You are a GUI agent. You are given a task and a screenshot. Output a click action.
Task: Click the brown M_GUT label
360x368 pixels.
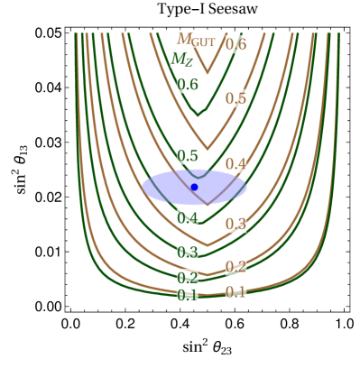(x=195, y=40)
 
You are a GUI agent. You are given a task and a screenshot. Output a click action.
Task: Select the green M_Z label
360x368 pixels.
(x=181, y=60)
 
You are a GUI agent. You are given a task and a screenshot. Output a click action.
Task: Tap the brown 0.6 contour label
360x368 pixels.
(x=235, y=43)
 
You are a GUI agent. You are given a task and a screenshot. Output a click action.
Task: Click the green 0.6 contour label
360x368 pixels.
(x=187, y=85)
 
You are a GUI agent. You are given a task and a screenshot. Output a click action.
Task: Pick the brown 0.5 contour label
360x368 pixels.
(x=235, y=98)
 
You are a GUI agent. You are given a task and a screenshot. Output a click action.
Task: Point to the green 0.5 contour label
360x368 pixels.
(x=187, y=156)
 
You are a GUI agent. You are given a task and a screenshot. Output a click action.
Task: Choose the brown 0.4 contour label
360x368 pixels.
(x=235, y=164)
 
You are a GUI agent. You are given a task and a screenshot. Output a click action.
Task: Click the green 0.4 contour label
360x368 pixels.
(x=187, y=217)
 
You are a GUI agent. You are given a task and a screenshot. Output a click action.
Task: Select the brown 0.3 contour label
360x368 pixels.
(x=235, y=224)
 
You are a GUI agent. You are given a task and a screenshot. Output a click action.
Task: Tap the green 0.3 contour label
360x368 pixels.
(x=187, y=253)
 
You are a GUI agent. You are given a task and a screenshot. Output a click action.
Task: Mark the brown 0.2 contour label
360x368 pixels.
(x=235, y=266)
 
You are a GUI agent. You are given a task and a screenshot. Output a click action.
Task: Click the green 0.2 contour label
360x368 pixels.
(x=187, y=278)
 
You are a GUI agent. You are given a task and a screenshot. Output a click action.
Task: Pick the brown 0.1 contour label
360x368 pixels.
(x=235, y=291)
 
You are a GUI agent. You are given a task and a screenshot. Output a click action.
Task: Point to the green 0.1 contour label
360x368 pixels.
(x=187, y=295)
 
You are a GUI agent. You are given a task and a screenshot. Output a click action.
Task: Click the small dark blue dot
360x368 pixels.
(x=194, y=187)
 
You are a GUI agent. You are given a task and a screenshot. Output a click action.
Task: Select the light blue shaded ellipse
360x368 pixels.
(x=162, y=188)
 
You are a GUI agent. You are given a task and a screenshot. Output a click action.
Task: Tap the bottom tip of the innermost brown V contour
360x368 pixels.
(x=208, y=72)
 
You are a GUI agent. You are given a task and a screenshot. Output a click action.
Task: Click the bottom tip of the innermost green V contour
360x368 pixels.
(x=200, y=115)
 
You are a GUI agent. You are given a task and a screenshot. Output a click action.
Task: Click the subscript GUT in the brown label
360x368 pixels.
(x=204, y=42)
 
